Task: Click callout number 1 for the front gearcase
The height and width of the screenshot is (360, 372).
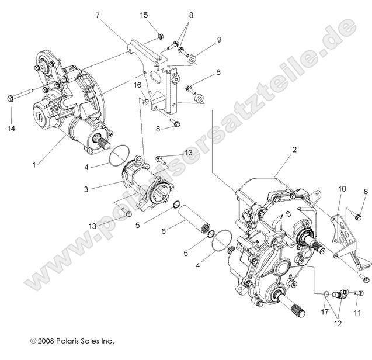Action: pos(34,165)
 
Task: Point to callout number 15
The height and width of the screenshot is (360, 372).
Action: pos(144,15)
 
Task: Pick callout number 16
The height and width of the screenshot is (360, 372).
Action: pos(137,85)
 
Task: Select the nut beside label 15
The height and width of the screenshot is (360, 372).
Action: pos(159,37)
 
